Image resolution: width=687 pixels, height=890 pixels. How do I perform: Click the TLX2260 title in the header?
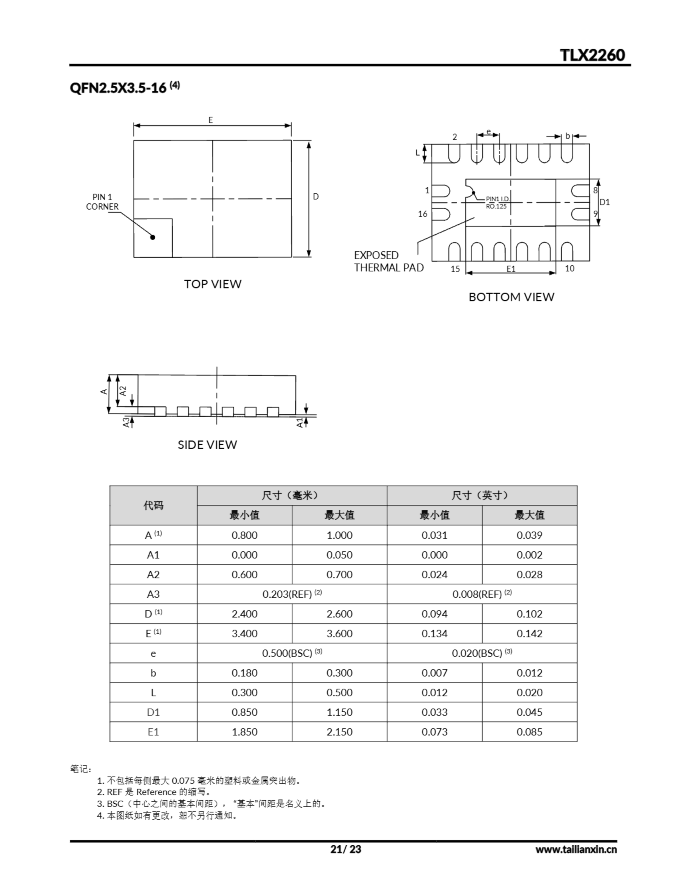click(592, 55)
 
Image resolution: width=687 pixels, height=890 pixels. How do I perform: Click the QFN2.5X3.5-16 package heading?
click(118, 88)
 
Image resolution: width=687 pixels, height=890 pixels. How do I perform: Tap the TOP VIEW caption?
click(213, 284)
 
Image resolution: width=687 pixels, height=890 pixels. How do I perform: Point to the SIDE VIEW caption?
click(207, 444)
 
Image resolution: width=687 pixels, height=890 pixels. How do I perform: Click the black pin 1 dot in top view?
click(153, 237)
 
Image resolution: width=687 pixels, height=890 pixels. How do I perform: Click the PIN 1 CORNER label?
click(102, 202)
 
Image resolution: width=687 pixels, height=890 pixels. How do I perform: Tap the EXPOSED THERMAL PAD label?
click(389, 261)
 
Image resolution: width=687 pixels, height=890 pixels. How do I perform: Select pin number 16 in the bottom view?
click(423, 214)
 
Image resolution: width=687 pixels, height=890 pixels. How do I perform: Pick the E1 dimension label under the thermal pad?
click(511, 269)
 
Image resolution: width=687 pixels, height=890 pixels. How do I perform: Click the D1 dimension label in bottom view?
click(605, 202)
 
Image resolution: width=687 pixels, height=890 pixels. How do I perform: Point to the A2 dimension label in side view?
click(123, 391)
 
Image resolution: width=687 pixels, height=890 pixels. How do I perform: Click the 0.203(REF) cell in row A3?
click(292, 594)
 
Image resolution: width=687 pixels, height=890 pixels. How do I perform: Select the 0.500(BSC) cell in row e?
click(292, 653)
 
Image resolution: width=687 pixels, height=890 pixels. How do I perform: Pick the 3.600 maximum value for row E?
click(339, 633)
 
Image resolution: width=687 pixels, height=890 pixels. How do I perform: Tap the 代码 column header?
click(153, 505)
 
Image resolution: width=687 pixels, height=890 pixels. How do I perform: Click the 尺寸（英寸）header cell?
click(481, 495)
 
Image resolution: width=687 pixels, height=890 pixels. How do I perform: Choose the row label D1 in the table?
click(153, 712)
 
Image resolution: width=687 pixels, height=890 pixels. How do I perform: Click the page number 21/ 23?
click(345, 849)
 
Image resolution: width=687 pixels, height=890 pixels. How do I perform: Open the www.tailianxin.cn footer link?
click(576, 849)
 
